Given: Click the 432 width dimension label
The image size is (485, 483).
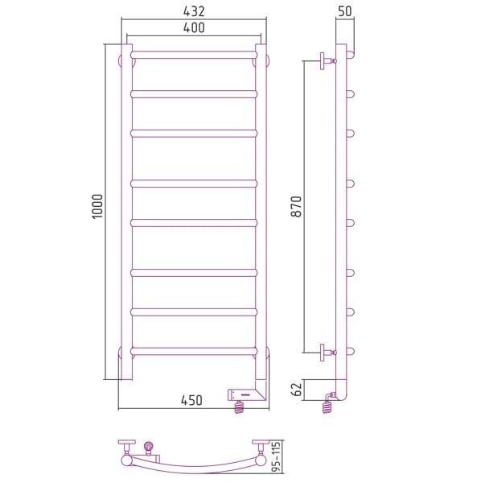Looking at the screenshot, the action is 194,11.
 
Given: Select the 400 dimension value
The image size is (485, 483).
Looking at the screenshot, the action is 194,28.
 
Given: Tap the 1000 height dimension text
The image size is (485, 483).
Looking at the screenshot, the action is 97,206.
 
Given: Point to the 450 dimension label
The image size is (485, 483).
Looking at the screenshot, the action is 191,400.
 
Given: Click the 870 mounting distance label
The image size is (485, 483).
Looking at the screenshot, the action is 296,207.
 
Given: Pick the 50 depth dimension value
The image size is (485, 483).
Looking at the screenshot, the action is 344,11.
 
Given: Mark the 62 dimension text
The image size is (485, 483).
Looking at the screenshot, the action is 296,389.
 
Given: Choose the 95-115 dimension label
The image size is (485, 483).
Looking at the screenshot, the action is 276,456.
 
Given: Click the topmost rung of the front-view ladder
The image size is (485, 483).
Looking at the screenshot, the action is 194,55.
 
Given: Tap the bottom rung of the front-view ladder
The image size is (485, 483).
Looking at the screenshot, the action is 194,351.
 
